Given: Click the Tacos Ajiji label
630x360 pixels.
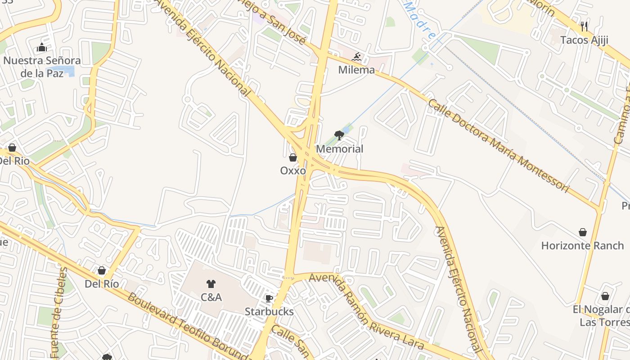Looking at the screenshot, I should pos(584,40).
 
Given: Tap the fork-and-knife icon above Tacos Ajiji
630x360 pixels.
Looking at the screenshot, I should pos(584,26).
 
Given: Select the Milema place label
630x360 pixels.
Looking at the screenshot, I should pos(356,70).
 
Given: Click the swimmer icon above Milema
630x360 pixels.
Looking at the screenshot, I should pos(357,57).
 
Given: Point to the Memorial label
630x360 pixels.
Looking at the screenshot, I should pos(339,149).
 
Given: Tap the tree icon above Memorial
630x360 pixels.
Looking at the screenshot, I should pos(339,135).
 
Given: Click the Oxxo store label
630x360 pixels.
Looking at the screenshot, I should pos(293,171).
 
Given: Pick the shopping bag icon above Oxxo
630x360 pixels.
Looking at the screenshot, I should pos(293,157).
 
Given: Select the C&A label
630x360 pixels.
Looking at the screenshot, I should pos(211,297).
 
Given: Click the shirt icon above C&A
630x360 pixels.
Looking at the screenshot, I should pos(211,284).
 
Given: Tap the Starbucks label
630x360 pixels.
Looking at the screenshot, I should pos(269,311).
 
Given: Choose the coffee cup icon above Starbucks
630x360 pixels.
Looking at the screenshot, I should pos(269,298).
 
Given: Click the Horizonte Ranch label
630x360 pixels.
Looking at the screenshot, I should pos(582,246).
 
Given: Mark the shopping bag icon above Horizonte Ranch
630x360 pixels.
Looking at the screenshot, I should pos(583,232).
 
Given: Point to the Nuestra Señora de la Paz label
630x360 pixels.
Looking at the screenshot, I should pos(42,67).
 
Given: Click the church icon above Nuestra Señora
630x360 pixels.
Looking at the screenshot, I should pos(42,47).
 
